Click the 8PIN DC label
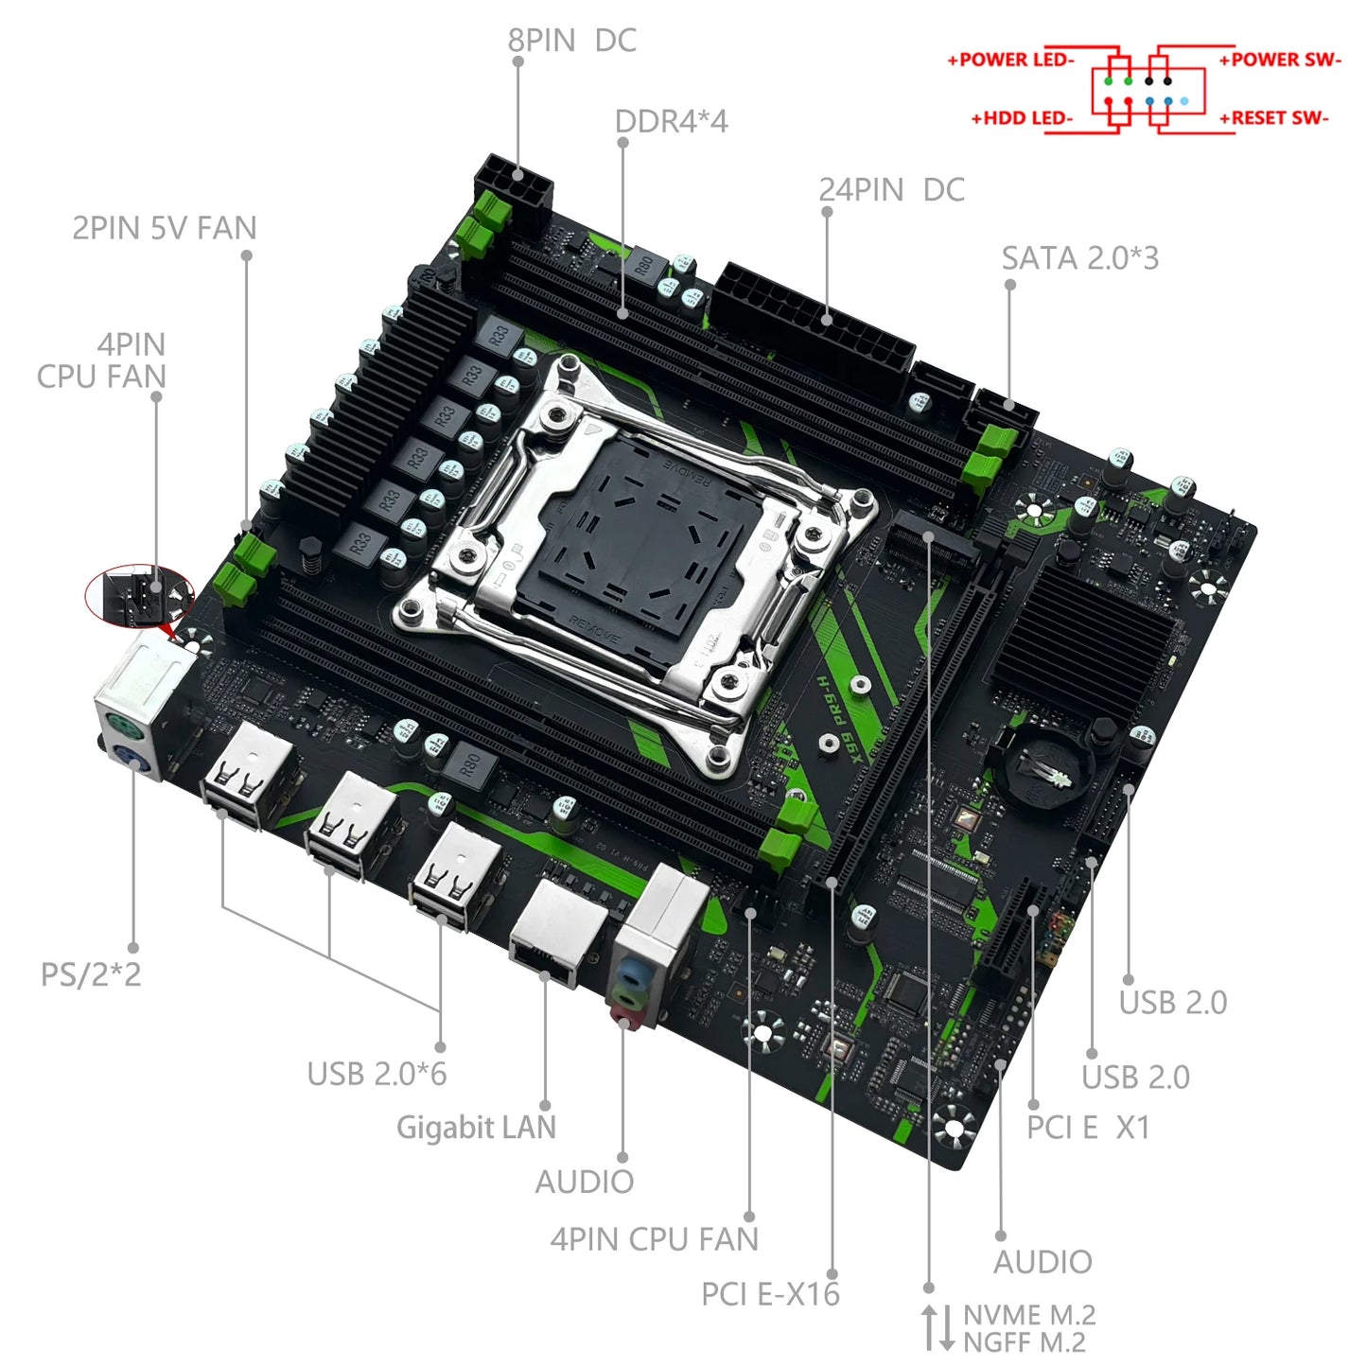[571, 41]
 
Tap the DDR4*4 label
[671, 122]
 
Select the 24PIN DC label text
[891, 190]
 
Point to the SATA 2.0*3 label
[1079, 258]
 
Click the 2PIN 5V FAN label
[165, 229]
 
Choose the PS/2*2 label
[91, 974]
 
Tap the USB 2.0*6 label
[377, 1075]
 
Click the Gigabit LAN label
[476, 1128]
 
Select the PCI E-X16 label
[770, 1294]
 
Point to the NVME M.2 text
[1029, 1315]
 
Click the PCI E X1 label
[1088, 1128]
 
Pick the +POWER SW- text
[1280, 60]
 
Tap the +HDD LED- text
[1022, 118]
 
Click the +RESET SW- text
[1273, 118]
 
